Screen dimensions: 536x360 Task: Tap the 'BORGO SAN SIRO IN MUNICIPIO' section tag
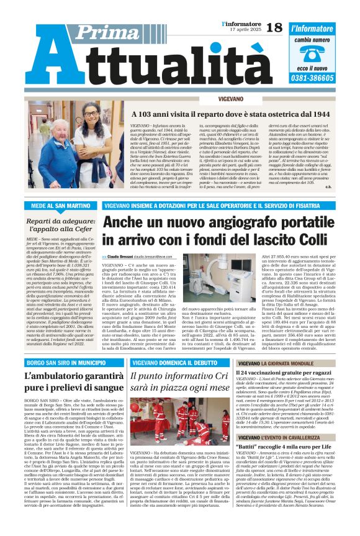click(61, 361)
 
